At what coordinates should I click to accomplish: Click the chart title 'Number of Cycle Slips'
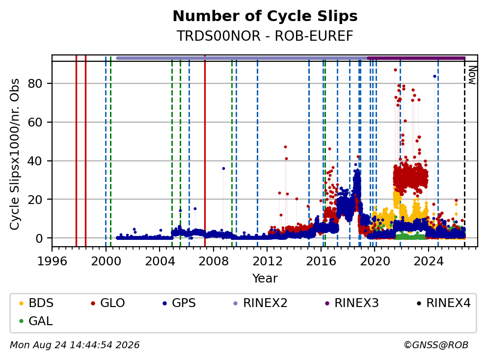coord(265,16)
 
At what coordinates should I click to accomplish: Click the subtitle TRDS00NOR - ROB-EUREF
coord(265,36)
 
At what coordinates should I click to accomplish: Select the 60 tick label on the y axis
coord(35,122)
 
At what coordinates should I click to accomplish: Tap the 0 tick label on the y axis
coord(39,238)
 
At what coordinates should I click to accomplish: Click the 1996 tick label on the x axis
coord(52,261)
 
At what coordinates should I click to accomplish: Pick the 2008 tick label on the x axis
coord(214,261)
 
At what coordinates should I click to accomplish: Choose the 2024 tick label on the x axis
coord(429,261)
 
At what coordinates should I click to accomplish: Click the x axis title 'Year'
coord(265,279)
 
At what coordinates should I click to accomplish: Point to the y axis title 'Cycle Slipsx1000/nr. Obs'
coord(15,154)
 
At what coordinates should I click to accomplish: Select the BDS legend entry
coord(36,303)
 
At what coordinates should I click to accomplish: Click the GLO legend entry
coord(108,303)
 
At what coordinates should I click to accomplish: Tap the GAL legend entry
coord(36,321)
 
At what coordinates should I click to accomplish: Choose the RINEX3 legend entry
coord(352,303)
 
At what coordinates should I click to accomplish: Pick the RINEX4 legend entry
coord(443,303)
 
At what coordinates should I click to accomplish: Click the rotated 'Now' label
coord(472,75)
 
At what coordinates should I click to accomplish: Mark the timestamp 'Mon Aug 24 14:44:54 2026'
coord(75,345)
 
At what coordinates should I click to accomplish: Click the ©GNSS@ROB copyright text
coord(436,345)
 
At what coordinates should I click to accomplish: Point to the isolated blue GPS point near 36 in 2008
coord(223,169)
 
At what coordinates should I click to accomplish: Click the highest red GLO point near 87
coord(395,70)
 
